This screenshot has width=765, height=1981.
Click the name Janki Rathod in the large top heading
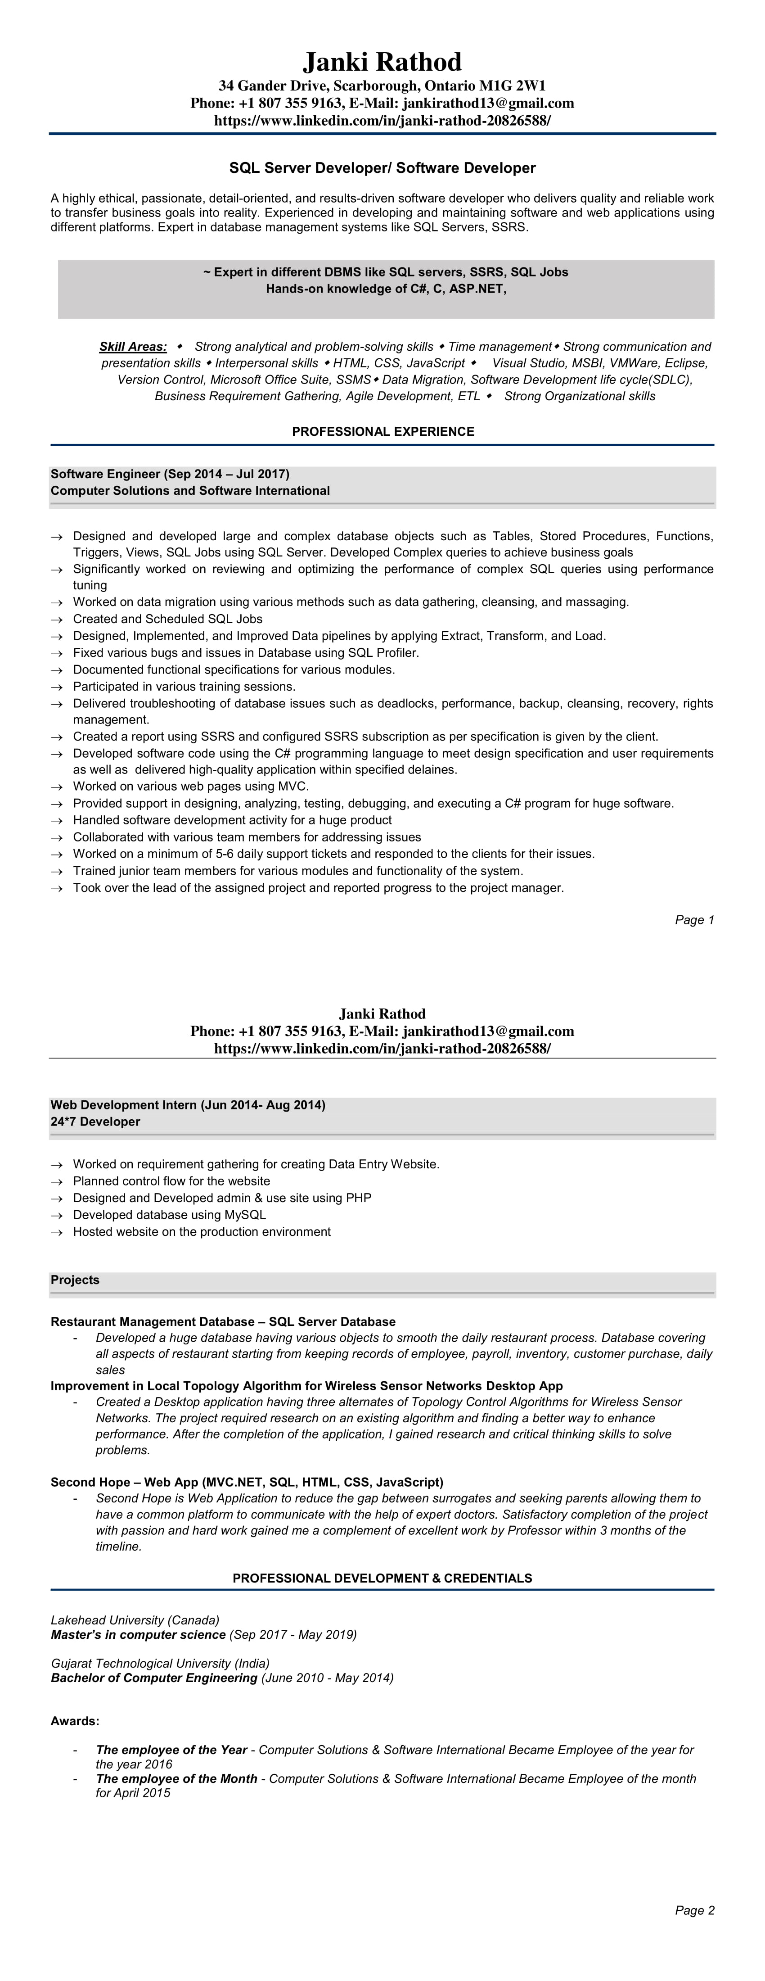point(382,62)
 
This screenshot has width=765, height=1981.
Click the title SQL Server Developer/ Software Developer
point(382,167)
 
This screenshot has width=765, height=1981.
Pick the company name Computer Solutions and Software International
point(190,491)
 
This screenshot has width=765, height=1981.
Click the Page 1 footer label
point(694,920)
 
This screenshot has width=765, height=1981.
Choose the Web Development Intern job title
point(124,1105)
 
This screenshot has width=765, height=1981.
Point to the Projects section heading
point(75,1280)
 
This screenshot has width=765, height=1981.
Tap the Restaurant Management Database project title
point(152,1321)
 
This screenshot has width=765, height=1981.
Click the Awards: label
point(75,1721)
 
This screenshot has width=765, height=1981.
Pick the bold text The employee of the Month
point(177,1779)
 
